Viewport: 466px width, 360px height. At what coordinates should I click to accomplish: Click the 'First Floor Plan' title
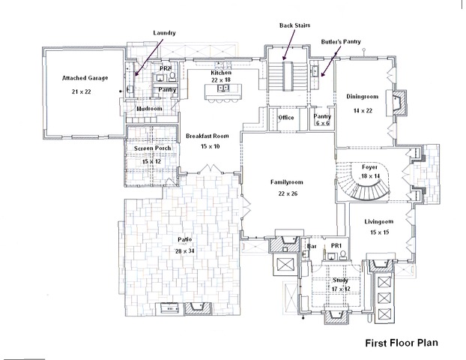pos(401,343)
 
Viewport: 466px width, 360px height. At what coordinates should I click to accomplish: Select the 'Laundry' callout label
pos(164,34)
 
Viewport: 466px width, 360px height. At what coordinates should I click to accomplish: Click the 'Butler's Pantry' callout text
pos(341,43)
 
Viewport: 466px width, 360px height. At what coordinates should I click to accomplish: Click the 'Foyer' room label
pos(370,166)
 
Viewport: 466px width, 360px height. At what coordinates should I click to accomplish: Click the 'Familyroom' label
pos(288,181)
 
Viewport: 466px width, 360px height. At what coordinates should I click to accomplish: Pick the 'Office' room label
pos(285,118)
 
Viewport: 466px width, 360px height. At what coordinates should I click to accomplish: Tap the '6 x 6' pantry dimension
pos(322,123)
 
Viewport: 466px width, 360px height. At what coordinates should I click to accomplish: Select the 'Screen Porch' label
pos(153,148)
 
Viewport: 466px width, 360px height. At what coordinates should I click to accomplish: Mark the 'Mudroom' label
pos(149,109)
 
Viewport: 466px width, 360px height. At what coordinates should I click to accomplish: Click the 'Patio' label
pos(185,240)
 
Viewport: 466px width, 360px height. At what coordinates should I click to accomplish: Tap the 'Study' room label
pos(342,280)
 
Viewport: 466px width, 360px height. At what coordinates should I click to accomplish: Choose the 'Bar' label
pos(312,246)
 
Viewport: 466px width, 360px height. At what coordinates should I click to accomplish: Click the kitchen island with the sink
pos(223,91)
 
